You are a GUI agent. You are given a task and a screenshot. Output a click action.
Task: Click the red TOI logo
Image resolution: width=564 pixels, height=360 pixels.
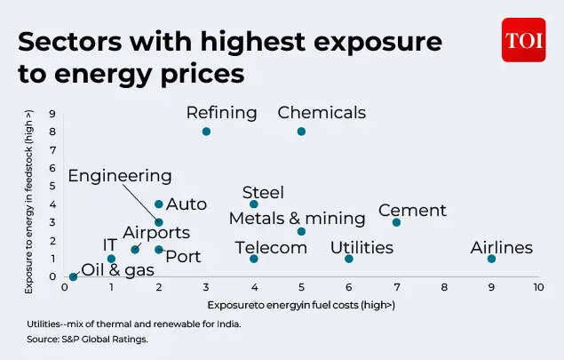pyautogui.click(x=523, y=40)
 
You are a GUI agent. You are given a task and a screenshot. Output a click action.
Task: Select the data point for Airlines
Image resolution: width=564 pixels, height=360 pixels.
pyautogui.click(x=491, y=259)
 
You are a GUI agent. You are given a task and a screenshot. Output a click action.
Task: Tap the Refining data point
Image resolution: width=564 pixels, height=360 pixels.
pyautogui.click(x=206, y=132)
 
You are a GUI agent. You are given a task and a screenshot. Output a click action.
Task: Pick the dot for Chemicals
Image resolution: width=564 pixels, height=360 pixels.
pyautogui.click(x=301, y=132)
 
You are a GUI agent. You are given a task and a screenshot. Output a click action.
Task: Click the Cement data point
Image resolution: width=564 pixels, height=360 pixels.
pyautogui.click(x=396, y=222)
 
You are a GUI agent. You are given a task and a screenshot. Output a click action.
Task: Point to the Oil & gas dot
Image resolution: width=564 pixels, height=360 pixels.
pyautogui.click(x=73, y=276)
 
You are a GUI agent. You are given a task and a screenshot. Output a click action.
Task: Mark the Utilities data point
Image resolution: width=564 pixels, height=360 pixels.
pyautogui.click(x=349, y=259)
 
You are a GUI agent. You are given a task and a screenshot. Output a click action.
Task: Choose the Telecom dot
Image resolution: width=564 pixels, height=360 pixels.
pyautogui.click(x=254, y=259)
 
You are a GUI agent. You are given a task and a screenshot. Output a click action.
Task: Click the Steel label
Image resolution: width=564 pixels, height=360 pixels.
pyautogui.click(x=263, y=193)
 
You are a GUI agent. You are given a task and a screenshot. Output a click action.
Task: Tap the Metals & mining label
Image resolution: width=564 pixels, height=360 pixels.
pyautogui.click(x=297, y=219)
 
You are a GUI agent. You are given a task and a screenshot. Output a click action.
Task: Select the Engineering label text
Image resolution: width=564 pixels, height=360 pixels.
pyautogui.click(x=120, y=176)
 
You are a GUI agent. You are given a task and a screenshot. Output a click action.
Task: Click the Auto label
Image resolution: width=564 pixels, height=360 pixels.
pyautogui.click(x=187, y=204)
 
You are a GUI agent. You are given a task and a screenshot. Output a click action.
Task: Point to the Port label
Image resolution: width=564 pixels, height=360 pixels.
pyautogui.click(x=183, y=257)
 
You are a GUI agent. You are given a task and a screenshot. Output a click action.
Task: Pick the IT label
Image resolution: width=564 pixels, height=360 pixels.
pyautogui.click(x=110, y=244)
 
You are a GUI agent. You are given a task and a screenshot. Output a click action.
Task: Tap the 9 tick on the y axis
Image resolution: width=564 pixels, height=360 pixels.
pyautogui.click(x=52, y=113)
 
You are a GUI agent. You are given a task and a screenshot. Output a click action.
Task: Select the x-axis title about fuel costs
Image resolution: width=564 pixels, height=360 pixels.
pyautogui.click(x=301, y=305)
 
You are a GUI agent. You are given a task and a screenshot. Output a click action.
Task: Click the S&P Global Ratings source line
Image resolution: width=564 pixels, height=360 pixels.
pyautogui.click(x=86, y=339)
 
